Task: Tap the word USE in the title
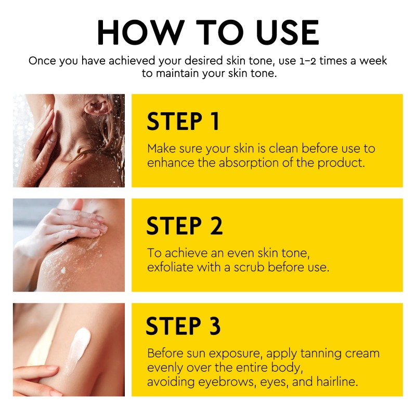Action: tap(288, 32)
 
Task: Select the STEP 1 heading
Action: tap(183, 121)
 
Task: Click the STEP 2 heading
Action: tap(185, 226)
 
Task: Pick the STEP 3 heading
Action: tap(184, 326)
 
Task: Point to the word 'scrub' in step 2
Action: tap(249, 267)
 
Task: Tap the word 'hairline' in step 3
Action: tap(337, 382)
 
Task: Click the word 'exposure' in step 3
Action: tap(236, 354)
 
